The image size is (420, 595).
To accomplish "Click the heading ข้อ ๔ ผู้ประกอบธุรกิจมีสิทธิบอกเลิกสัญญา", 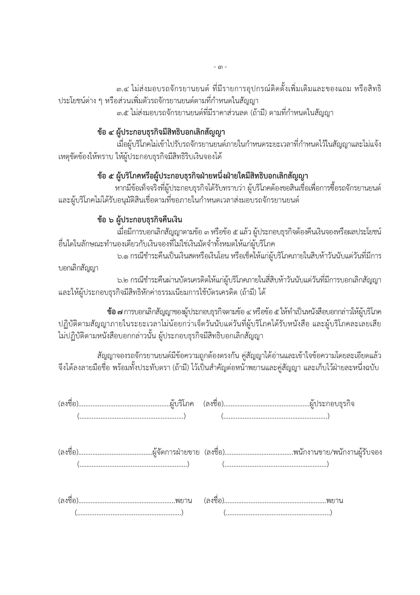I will point(161,133).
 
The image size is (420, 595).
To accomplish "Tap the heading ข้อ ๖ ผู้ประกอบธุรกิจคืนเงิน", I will point(139,220).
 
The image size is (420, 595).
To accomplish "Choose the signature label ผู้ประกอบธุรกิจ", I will point(332,404).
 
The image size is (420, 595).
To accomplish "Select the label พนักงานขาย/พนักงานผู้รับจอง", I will point(337,452).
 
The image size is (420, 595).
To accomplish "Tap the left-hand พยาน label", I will point(183,501).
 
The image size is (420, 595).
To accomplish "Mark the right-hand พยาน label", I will point(335,501).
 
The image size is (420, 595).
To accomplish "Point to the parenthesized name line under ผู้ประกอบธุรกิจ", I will point(275,416).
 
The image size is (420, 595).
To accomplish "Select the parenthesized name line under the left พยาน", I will point(129,513).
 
